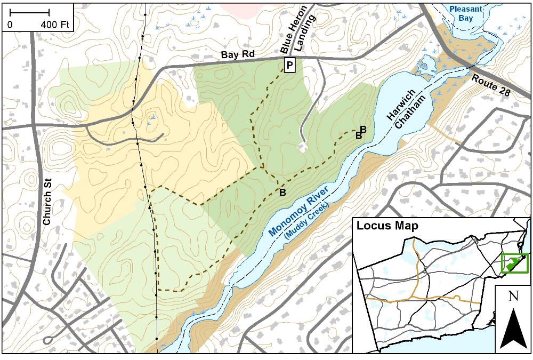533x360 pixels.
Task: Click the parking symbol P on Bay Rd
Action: coord(289,66)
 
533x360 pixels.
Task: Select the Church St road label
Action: coord(47,205)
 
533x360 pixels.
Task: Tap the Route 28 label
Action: coord(491,85)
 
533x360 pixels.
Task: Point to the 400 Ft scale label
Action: coord(55,25)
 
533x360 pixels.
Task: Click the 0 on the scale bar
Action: coord(10,25)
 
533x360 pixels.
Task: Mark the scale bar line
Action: coord(30,12)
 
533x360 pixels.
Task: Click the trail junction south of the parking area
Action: coord(263,168)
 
